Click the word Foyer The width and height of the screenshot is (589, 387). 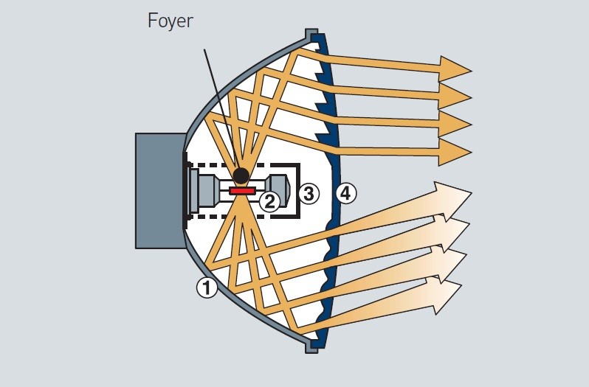point(170,20)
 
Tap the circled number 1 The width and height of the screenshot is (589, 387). point(207,287)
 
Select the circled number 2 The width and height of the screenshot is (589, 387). point(270,201)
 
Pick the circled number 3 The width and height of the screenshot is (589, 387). point(309,194)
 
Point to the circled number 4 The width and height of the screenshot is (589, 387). point(345,194)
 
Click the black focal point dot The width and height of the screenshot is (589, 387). point(241,175)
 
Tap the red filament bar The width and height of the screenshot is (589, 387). point(242,191)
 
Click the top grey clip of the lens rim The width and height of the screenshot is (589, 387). point(311,35)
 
